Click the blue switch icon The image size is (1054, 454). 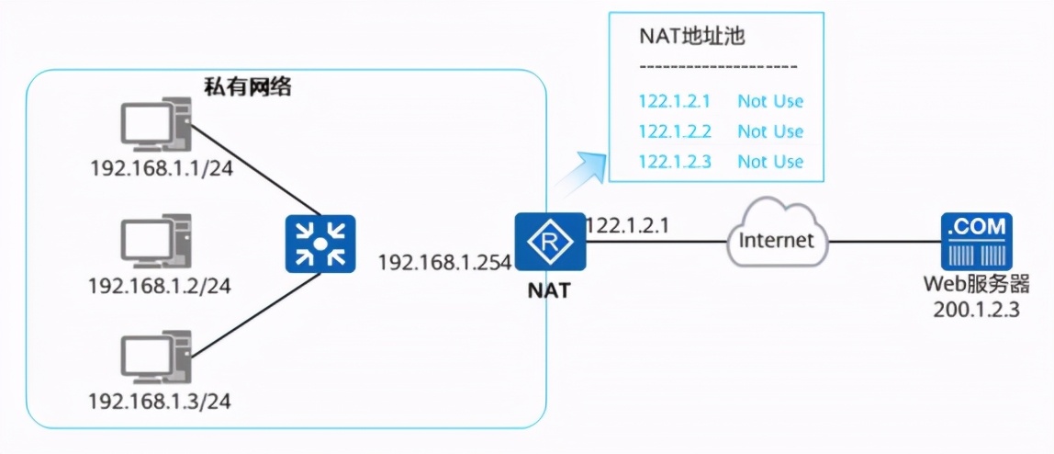point(319,244)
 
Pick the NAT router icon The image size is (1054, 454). point(549,244)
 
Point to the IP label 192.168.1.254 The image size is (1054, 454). point(444,263)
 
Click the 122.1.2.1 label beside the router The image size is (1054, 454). point(622,225)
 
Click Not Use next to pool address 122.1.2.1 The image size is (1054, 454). point(770,101)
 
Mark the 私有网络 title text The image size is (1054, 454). point(247,86)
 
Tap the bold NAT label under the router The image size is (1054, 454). point(549,291)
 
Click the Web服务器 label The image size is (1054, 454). point(976,283)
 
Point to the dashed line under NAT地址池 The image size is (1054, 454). point(718,67)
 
